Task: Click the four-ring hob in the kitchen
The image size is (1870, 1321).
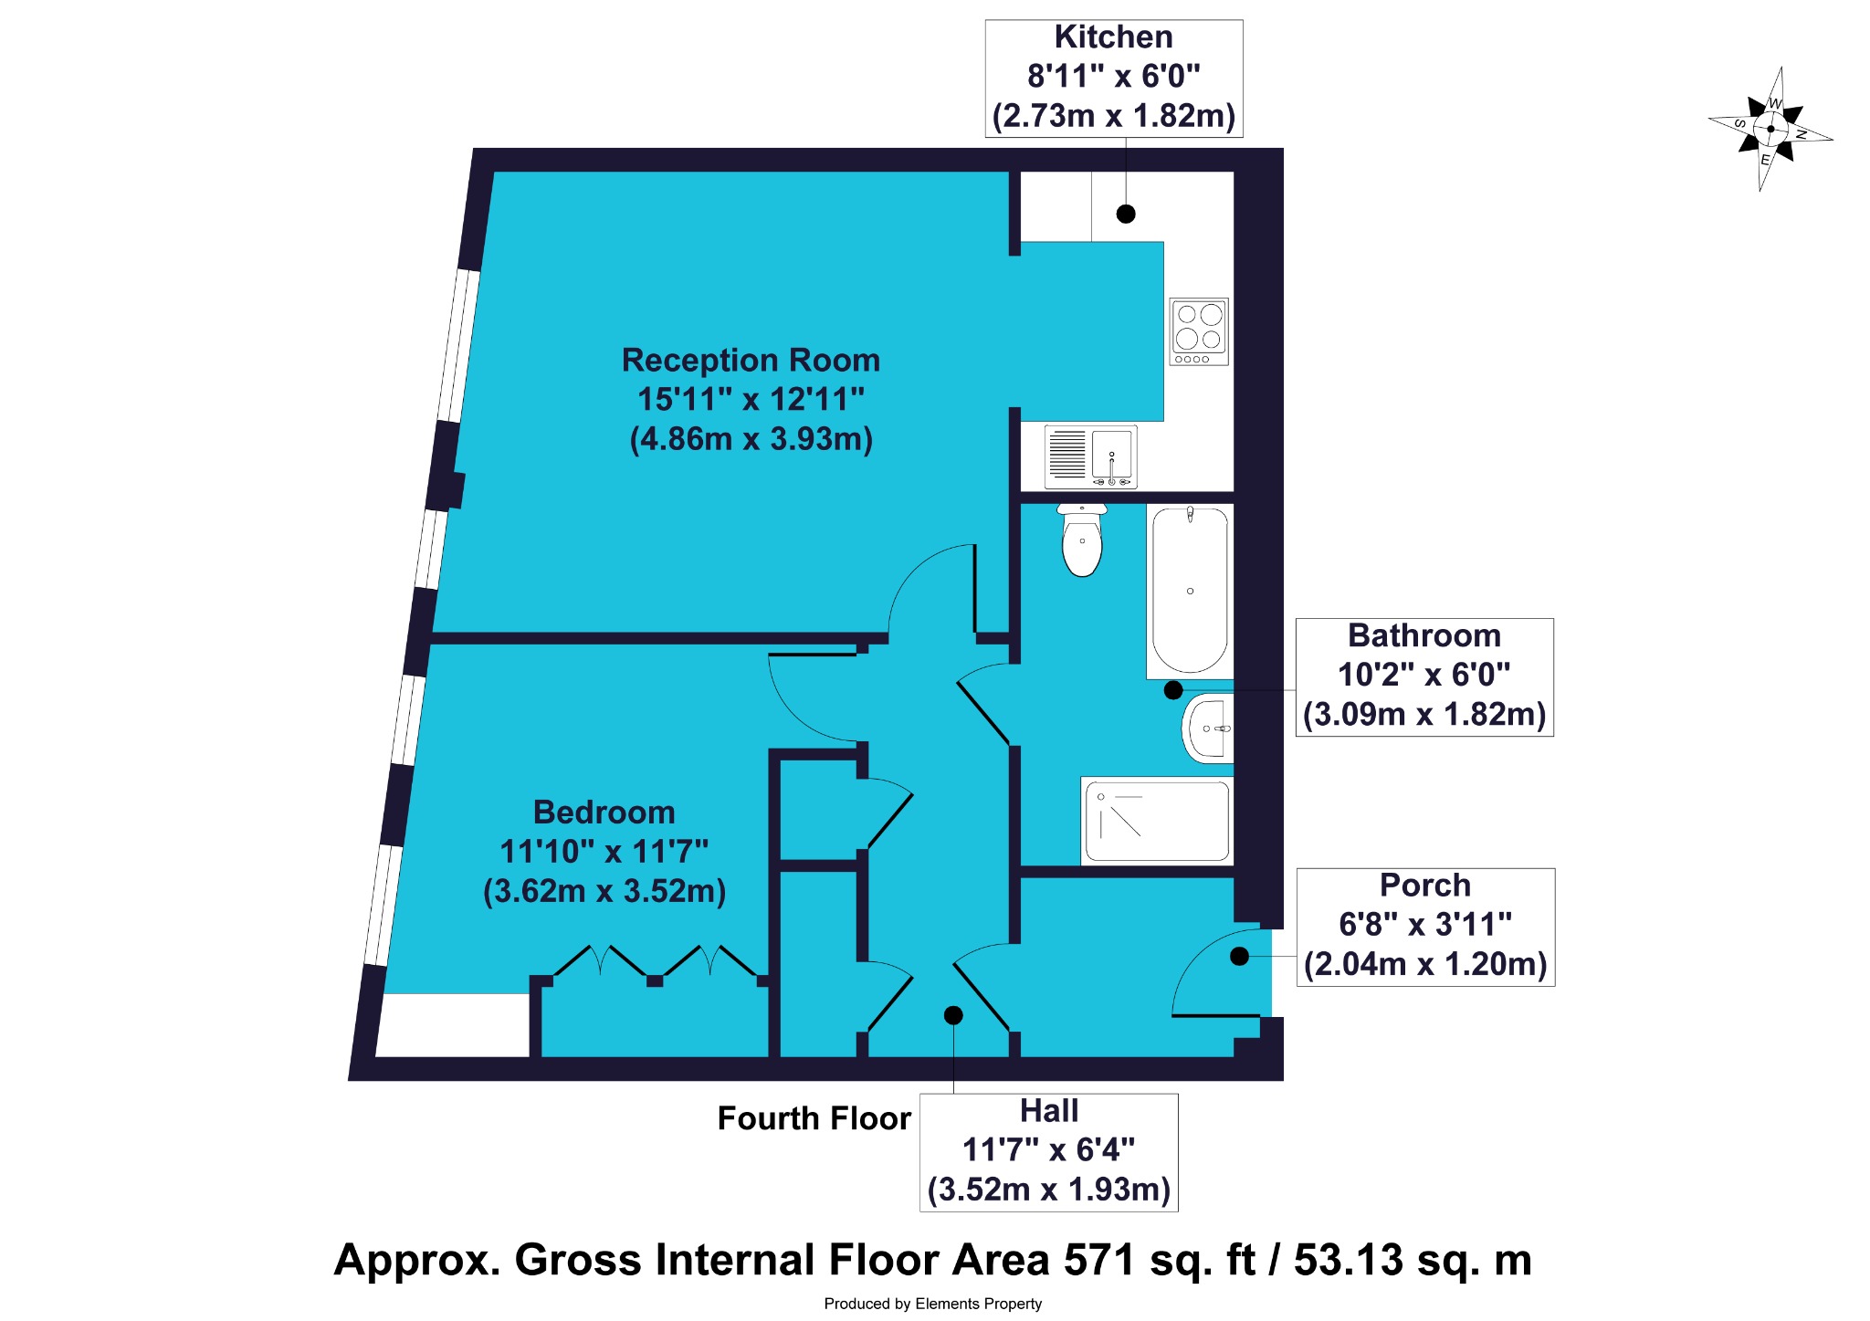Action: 1199,331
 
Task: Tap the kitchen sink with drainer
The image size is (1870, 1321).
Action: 1091,456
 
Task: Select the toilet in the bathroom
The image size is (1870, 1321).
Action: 1082,540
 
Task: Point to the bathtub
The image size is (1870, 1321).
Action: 1190,591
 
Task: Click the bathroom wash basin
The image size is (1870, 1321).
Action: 1208,729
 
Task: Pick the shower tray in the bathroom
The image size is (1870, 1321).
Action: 1157,821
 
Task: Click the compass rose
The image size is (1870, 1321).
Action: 1770,129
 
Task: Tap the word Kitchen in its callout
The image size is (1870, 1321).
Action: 1113,37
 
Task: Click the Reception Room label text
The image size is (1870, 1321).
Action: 751,361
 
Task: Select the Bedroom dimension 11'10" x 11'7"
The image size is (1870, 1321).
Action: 604,852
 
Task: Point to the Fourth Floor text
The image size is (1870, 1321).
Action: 814,1118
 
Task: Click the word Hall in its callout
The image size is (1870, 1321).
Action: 1049,1111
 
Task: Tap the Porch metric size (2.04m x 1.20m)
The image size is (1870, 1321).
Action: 1425,964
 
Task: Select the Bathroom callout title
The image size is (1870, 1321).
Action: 1424,635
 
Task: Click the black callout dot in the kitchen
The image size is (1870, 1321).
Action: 1126,214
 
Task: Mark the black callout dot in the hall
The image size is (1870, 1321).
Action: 953,1015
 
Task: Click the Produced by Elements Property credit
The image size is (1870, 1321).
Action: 932,1304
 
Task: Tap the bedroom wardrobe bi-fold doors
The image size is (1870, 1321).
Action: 656,963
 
